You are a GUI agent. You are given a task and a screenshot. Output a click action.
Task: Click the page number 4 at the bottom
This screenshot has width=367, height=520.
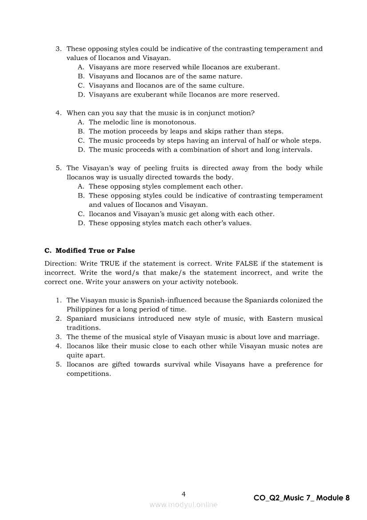[x=183, y=494]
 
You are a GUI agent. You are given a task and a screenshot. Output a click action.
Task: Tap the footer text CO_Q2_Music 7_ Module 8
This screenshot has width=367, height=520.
[x=301, y=498]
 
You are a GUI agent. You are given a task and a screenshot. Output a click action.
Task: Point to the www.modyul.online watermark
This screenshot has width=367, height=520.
[x=183, y=504]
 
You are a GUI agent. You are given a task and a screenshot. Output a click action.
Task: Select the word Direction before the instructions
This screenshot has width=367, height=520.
[x=60, y=264]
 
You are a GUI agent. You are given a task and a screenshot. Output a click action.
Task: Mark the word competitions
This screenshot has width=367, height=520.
[x=88, y=374]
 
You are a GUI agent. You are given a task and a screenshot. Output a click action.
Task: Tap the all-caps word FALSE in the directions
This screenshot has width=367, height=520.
[x=229, y=264]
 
